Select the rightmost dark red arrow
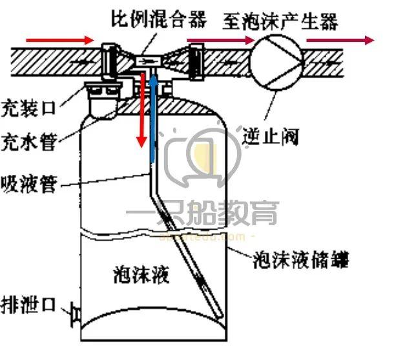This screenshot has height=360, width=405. coord(340,40)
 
